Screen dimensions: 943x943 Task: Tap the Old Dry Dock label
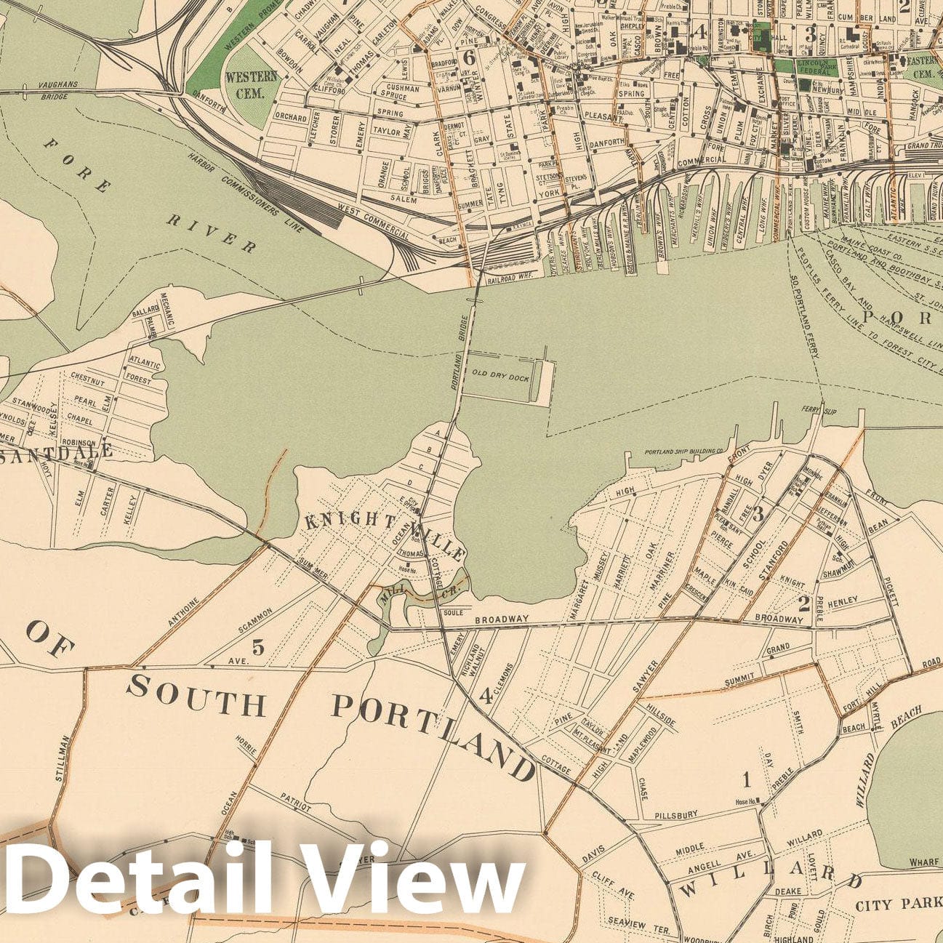(500, 377)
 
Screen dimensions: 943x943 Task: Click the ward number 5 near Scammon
(258, 646)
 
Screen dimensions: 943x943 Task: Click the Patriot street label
(296, 802)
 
